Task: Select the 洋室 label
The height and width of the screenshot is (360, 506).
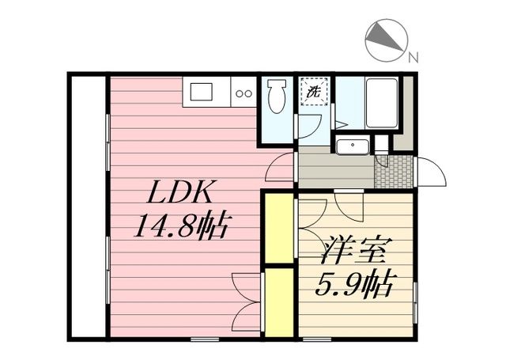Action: [x=356, y=250]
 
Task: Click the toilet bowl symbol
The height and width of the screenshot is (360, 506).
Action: [x=277, y=96]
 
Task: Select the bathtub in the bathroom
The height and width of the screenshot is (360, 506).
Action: [x=381, y=103]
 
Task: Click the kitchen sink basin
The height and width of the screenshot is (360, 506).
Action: [x=202, y=92]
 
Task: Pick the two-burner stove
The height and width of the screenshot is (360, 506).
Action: [x=244, y=93]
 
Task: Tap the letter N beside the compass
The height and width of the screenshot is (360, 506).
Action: [x=413, y=58]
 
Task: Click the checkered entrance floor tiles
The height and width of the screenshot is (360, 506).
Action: [x=394, y=172]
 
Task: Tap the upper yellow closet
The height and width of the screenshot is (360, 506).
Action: [x=279, y=229]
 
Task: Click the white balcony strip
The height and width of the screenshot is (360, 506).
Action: [x=89, y=207]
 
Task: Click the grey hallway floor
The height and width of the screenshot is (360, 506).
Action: [x=336, y=171]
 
